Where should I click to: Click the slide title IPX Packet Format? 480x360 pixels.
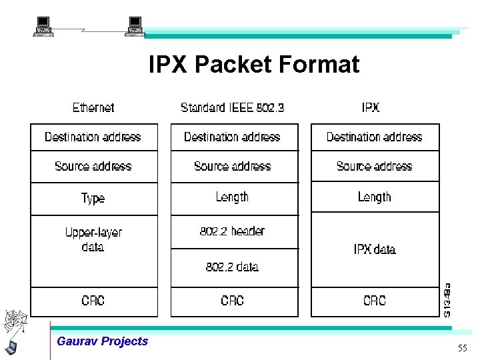coord(253,65)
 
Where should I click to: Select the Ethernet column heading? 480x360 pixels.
coord(93,107)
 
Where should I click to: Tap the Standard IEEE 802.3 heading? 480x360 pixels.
coord(232,107)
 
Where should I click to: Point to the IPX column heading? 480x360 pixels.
coord(371,107)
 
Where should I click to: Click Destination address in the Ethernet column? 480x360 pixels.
coord(93,137)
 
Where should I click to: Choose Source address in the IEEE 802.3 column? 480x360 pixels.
coord(232,166)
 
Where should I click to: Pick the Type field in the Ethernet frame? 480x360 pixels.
coord(93,198)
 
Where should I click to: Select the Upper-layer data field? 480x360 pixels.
coord(93,239)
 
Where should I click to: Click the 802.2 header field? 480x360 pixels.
coord(232,231)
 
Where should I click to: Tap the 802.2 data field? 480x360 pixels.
coord(232,267)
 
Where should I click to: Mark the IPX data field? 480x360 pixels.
coord(375,249)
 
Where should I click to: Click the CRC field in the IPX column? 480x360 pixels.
coord(375,301)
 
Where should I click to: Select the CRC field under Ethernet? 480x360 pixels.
coord(93,301)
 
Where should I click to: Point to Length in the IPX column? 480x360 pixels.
coord(375,197)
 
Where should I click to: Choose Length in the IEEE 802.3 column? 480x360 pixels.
coord(232,197)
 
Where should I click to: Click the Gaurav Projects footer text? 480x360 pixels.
coord(103,341)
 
